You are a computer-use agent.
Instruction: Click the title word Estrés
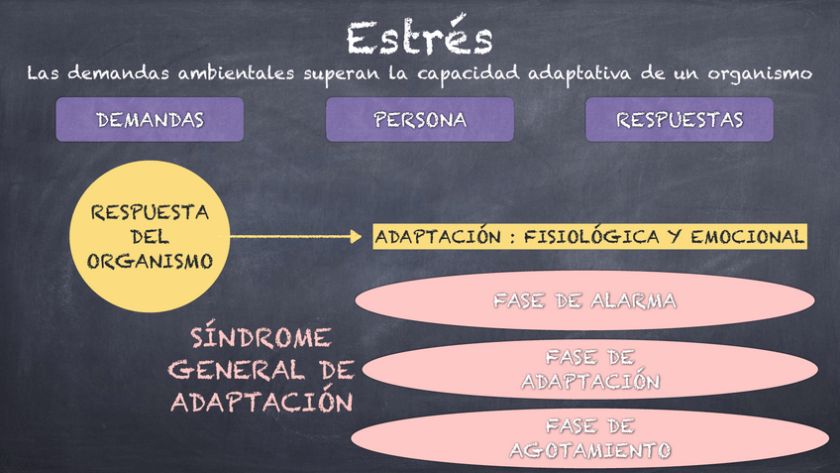[x=419, y=38]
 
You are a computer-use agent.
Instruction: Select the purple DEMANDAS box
[x=150, y=120]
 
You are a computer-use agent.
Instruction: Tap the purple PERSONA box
[x=420, y=120]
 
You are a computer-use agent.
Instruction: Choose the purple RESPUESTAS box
[x=680, y=120]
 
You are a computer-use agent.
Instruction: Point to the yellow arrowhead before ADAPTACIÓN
[x=357, y=237]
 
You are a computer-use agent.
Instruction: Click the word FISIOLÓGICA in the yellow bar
[x=582, y=237]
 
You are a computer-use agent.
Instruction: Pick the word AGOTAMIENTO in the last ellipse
[x=589, y=450]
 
